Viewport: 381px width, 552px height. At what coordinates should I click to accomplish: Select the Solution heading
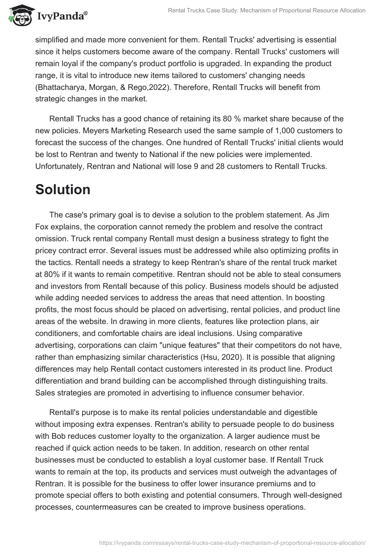click(x=63, y=189)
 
